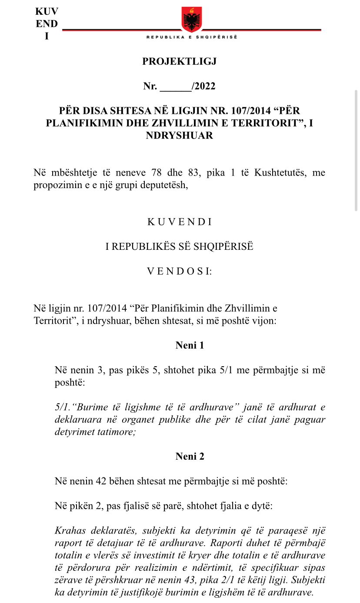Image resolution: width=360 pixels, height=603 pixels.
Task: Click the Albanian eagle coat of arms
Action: pos(192,19)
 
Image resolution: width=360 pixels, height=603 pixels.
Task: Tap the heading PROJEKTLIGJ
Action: pos(179,61)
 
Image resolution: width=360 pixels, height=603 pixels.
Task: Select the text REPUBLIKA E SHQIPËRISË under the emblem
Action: pos(192,37)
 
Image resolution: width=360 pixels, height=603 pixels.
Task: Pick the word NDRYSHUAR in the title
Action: pos(180,135)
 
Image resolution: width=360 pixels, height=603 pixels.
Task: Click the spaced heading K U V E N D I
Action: pos(179,222)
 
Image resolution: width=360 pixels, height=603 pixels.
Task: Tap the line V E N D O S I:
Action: pos(179,271)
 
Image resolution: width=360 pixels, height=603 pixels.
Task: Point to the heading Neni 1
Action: pos(190,345)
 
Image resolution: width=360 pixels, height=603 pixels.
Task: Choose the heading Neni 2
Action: pos(190,456)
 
